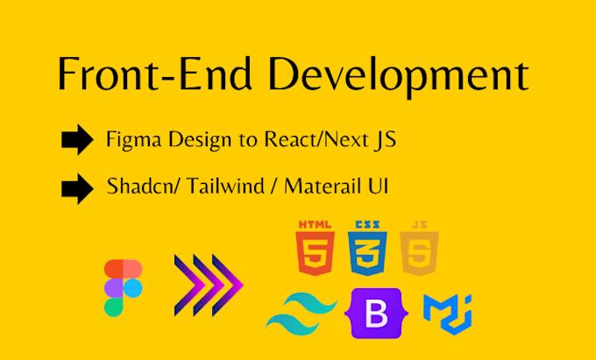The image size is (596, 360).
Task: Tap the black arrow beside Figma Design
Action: (x=78, y=140)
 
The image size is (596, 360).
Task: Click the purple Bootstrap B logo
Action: (x=375, y=313)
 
